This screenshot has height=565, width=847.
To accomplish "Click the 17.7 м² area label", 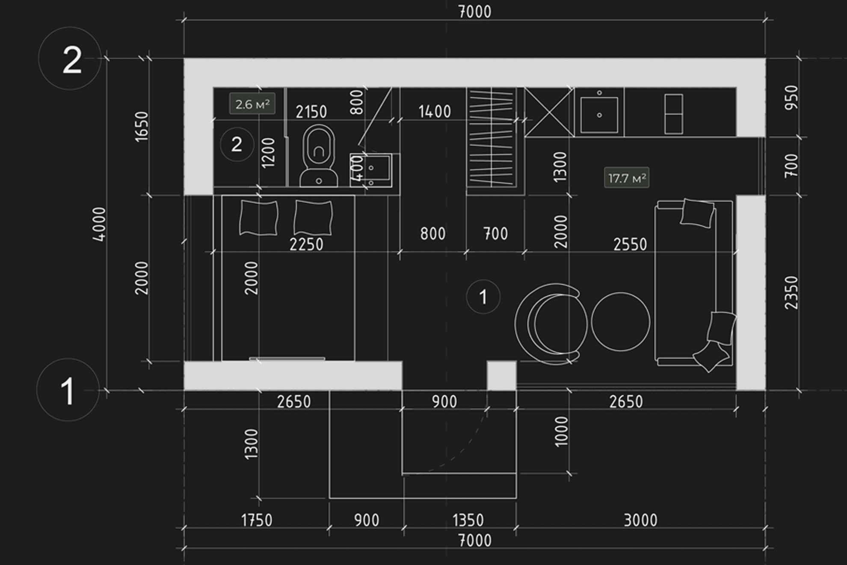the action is click(x=626, y=178).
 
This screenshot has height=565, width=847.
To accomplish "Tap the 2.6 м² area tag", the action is click(x=252, y=104).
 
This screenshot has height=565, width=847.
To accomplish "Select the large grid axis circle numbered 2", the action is click(x=70, y=58).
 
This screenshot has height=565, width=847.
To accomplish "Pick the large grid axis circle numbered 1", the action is click(x=68, y=390).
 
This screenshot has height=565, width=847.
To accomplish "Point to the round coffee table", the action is click(x=620, y=322).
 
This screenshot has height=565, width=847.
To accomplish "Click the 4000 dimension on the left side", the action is click(x=99, y=224).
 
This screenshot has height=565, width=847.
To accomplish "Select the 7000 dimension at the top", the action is click(x=475, y=12).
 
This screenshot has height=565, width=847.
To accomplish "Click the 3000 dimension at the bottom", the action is click(x=640, y=520).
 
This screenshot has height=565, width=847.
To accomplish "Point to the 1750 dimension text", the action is click(x=257, y=520).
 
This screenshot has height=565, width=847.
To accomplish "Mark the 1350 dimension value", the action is click(x=468, y=520).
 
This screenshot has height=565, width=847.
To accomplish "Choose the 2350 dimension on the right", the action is click(x=791, y=293).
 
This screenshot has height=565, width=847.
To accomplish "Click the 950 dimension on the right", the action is click(x=791, y=98).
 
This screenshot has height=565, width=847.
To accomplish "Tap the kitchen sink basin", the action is click(x=599, y=115).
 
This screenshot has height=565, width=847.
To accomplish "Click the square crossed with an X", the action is click(x=549, y=112).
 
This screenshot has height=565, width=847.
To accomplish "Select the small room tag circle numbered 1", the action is click(x=483, y=297).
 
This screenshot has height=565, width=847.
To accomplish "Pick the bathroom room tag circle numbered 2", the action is click(x=237, y=144).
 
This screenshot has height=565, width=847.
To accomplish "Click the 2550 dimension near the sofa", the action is click(x=630, y=244).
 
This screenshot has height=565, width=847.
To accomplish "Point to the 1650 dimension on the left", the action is click(x=141, y=126).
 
